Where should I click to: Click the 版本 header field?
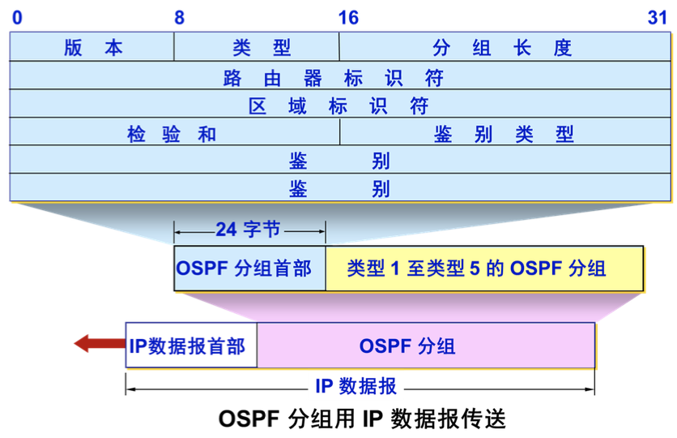pyautogui.click(x=92, y=48)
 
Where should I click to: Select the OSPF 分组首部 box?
pyautogui.click(x=244, y=268)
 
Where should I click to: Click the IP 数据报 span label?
pyautogui.click(x=356, y=386)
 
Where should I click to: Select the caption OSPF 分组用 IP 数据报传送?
pyautogui.click(x=362, y=419)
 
